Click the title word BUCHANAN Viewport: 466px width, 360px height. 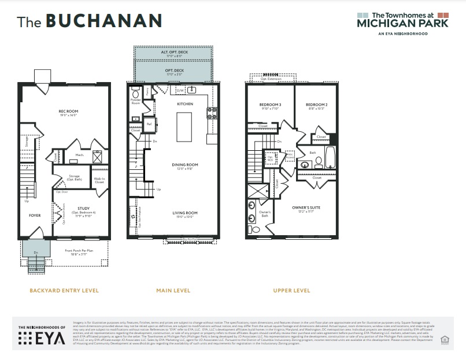click(103, 21)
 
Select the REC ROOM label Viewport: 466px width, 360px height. click(68, 112)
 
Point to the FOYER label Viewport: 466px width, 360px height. click(35, 215)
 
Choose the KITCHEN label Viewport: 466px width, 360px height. click(185, 104)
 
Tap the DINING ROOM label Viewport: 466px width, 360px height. click(185, 165)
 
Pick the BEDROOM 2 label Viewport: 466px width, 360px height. click(317, 105)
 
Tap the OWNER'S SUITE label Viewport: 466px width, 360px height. click(306, 207)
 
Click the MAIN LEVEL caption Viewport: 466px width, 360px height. click(173, 290)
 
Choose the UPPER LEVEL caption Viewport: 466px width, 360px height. click(291, 290)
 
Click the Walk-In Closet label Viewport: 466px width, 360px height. click(99, 180)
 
